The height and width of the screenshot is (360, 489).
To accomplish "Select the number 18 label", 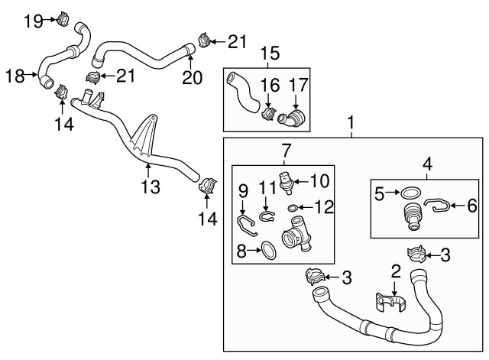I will pos(15,75).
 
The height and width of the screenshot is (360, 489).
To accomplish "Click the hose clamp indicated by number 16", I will pos(267,115).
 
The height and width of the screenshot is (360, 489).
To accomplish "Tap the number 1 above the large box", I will pos(351,122).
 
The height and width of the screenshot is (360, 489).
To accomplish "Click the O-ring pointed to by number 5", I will pos(410,193).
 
